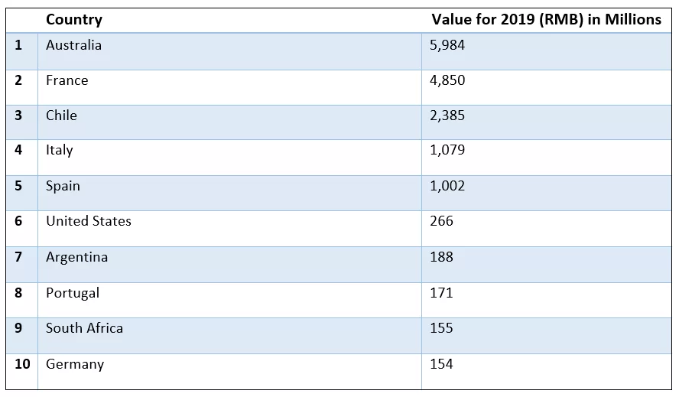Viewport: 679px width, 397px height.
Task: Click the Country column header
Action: point(73,20)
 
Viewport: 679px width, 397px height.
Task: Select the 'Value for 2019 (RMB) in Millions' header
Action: point(546,20)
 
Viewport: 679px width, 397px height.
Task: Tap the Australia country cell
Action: point(73,45)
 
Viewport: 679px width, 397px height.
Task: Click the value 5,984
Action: point(447,45)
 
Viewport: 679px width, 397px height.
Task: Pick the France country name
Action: point(67,80)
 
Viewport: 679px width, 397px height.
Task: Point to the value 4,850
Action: point(447,80)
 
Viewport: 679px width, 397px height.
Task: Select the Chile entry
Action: point(61,116)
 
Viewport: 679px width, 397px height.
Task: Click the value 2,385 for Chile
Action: point(447,116)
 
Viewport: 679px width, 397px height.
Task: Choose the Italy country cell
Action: point(59,150)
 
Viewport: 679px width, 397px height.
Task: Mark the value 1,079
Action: point(447,150)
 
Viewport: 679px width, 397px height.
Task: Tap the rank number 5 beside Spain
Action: point(19,186)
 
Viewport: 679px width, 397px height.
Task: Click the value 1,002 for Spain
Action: point(447,186)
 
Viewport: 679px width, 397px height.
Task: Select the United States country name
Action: point(88,221)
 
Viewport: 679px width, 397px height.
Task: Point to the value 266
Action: point(441,221)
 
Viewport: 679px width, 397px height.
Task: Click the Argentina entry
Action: point(76,257)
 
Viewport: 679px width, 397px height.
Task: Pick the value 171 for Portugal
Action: point(441,292)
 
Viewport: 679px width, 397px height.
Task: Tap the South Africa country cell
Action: point(84,328)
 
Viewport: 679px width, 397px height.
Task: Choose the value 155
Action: point(441,328)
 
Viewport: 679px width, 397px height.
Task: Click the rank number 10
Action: point(22,364)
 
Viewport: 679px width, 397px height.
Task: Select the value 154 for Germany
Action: point(441,364)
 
